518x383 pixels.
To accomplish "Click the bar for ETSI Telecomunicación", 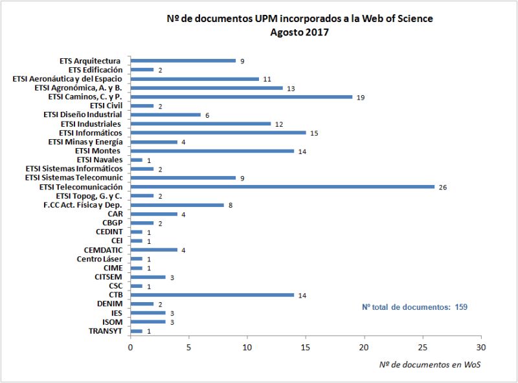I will coord(282,187).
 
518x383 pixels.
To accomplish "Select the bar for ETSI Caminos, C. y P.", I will coord(241,97).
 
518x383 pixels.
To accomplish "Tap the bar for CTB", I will coord(212,295).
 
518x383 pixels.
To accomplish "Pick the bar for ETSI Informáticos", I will coord(218,133).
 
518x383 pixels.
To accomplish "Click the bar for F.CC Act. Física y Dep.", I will coord(177,205).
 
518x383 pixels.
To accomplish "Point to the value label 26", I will coord(443,188).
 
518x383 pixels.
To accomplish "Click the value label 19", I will coord(361,97).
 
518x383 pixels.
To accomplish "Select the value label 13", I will coord(291,88).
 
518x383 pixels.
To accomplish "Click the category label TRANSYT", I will coord(105,331).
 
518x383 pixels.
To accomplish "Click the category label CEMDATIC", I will coord(103,250).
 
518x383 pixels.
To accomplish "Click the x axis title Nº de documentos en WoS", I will coord(429,364).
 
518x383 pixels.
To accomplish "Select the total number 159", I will coord(458,307).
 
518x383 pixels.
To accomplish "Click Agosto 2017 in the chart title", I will coord(299,32).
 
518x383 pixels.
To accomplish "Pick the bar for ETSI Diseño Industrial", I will coord(165,115).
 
